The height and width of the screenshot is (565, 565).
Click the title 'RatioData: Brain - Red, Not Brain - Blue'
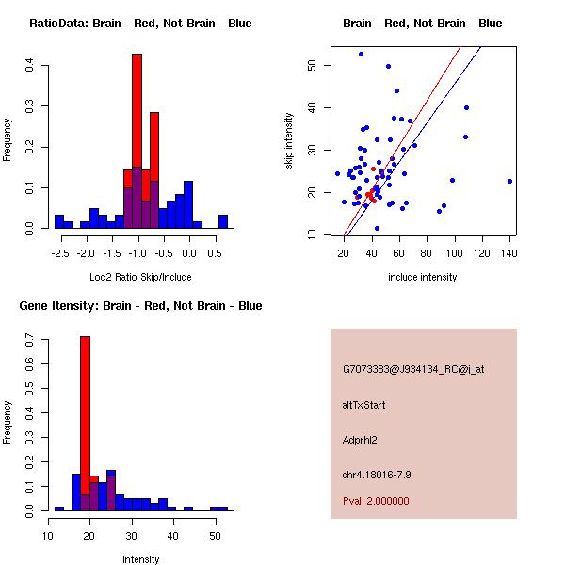140,24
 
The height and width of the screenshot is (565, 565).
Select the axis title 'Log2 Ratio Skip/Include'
140,278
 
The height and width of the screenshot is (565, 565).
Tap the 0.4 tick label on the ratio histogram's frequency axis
31,65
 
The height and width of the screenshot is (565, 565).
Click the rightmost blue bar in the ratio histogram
223,221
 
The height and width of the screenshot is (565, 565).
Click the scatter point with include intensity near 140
509,181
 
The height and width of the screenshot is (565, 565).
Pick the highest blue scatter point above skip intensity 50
361,54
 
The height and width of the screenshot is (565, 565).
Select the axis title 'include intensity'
423,278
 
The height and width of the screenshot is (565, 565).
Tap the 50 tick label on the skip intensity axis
312,65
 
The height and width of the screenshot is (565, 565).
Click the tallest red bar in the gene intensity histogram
85,424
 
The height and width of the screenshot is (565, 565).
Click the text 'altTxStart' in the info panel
363,405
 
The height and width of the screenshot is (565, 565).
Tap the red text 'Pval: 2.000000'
376,501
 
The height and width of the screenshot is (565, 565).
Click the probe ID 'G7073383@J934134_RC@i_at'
413,370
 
